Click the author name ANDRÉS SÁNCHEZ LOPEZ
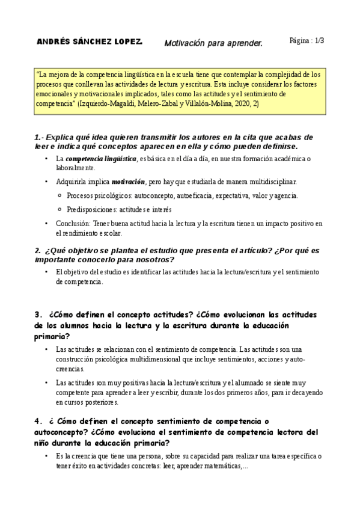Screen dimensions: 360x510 pyautogui.click(x=90, y=42)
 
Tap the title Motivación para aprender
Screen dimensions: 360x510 pyautogui.click(x=213, y=43)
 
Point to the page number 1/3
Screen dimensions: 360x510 pyautogui.click(x=319, y=41)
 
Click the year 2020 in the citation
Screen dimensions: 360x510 pyautogui.click(x=192, y=103)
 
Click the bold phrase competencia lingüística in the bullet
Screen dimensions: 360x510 pyautogui.click(x=101, y=159)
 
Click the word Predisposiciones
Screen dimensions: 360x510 pyautogui.click(x=94, y=209)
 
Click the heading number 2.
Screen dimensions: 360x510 pyautogui.click(x=37, y=251)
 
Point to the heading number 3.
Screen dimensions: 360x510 pyautogui.click(x=38, y=315)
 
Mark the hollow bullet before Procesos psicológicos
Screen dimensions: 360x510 pyautogui.click(x=59, y=195)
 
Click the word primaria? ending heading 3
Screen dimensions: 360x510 pyautogui.click(x=53, y=336)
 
